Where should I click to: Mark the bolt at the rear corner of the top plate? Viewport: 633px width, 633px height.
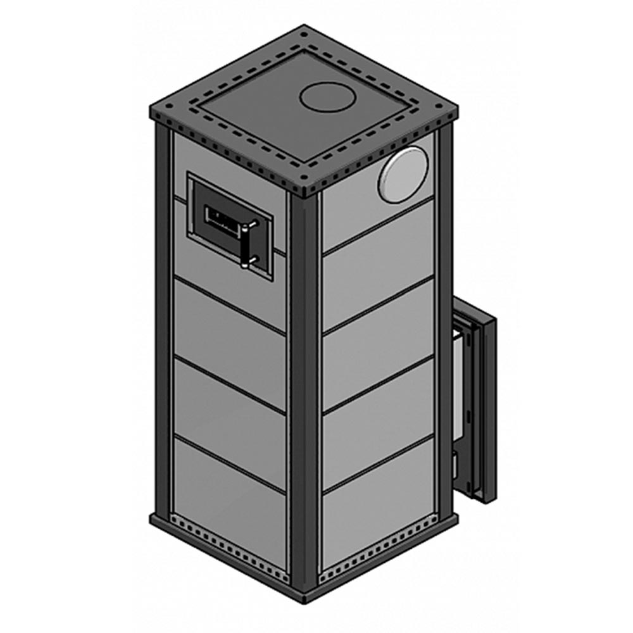(304, 30)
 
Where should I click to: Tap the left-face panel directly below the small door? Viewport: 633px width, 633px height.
(229, 316)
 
